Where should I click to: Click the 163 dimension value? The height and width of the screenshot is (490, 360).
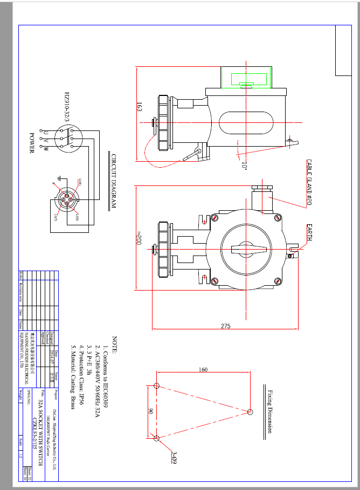point(139,106)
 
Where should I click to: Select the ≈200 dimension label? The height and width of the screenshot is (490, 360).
point(139,238)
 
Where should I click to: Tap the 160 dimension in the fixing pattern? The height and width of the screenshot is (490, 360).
point(203,370)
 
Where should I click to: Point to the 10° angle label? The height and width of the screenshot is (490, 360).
point(244,166)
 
